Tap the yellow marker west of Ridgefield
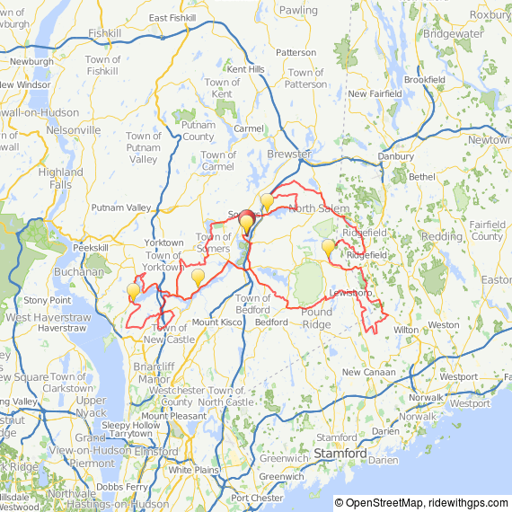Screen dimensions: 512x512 [328, 246]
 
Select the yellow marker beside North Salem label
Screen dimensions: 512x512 [267, 201]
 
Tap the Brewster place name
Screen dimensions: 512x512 [290, 154]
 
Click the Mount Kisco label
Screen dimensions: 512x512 [217, 322]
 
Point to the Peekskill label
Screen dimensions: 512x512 [90, 247]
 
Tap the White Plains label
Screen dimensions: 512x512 [194, 470]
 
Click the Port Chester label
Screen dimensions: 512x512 [257, 497]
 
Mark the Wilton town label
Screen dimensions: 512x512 [406, 330]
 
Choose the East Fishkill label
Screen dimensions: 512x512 [172, 17]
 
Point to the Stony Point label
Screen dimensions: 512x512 [48, 299]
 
